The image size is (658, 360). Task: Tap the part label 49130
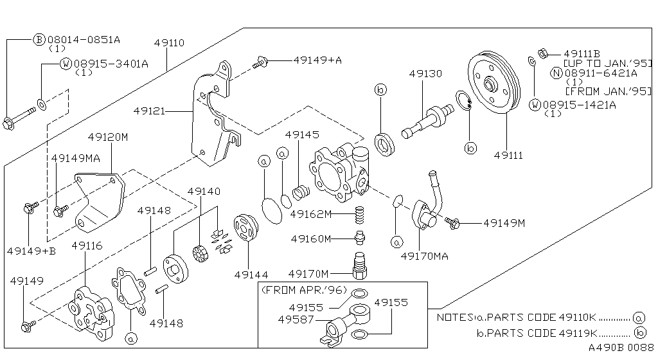[425, 74]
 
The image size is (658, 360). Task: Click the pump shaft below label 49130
[424, 120]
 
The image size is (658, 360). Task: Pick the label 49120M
[108, 138]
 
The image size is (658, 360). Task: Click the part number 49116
[86, 246]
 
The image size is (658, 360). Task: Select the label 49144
[251, 274]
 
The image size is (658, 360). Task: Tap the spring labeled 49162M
[360, 214]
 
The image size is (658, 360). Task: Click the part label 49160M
[310, 239]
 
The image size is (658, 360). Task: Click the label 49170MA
[424, 256]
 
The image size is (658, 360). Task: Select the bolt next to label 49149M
[452, 223]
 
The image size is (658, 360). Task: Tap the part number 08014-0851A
[84, 39]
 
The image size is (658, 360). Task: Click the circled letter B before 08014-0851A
[39, 39]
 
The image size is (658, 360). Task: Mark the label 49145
[301, 136]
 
